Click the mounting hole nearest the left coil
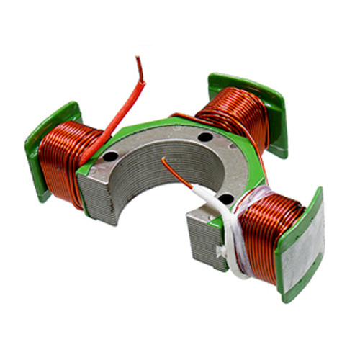(x=112, y=156)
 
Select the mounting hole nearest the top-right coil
(x=206, y=137)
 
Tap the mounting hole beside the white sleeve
(x=226, y=197)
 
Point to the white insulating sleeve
(x=216, y=209)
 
